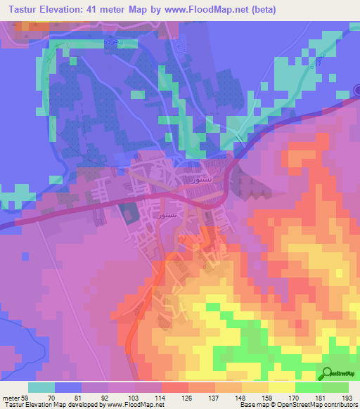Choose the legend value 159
point(269,396)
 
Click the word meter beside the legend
point(11,396)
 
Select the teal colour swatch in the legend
point(41,387)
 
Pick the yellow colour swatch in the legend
point(281,387)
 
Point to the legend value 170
point(295,396)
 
